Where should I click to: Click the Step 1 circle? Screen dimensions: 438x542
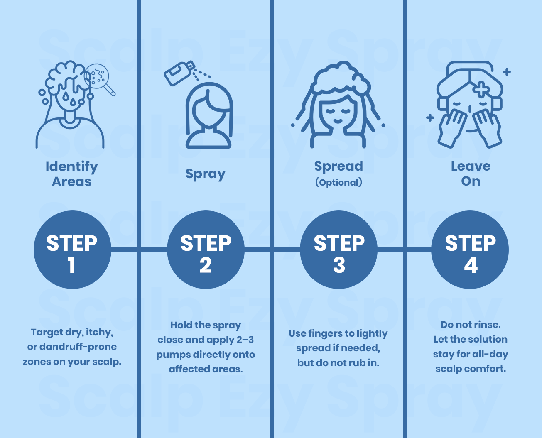(x=72, y=250)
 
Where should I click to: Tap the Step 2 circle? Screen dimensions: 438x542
(x=206, y=250)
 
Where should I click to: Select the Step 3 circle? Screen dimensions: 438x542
(x=339, y=250)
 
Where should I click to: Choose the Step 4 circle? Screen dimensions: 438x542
(x=470, y=250)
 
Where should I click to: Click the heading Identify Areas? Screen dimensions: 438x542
(x=72, y=174)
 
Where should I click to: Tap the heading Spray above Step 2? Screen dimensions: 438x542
(x=205, y=174)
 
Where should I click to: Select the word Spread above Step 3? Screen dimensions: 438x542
(x=338, y=166)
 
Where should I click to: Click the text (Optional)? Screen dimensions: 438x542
(x=338, y=182)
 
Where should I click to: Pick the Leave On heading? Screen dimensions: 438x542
(x=471, y=174)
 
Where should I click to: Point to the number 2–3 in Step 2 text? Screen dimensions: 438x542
(x=245, y=340)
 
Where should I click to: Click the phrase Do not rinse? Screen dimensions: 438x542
(x=471, y=325)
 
